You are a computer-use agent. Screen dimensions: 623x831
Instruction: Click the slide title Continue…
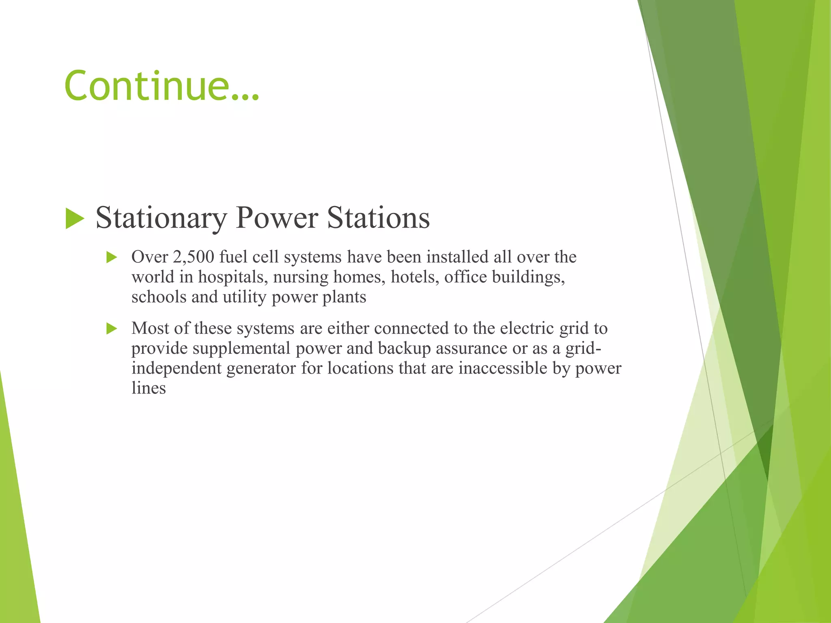[x=161, y=86]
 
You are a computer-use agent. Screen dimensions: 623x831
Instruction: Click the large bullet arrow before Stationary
[x=75, y=219]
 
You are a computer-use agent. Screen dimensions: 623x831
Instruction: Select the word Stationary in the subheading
[x=161, y=219]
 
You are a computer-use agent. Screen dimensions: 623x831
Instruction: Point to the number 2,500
[x=193, y=257]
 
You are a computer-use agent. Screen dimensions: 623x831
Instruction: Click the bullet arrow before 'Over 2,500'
[x=112, y=257]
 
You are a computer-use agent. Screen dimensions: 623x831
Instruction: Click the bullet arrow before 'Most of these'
[x=112, y=329]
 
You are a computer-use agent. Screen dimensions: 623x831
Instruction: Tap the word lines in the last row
[x=149, y=388]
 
